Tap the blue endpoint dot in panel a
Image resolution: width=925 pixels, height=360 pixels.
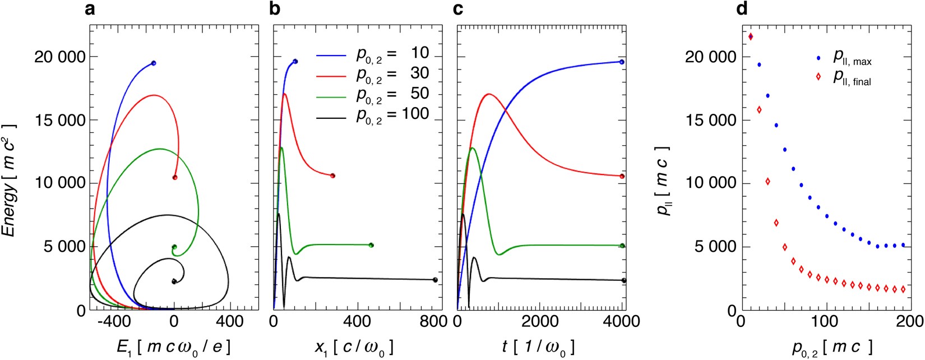[154, 63]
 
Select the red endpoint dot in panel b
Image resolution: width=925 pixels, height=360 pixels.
[332, 176]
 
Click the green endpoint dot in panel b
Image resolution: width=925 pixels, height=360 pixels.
[371, 245]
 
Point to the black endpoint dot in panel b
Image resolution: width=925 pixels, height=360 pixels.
[435, 280]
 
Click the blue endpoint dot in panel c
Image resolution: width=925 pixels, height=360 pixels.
[622, 62]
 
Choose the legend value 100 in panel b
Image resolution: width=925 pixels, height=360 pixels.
[415, 114]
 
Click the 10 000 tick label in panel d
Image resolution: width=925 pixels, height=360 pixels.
[711, 183]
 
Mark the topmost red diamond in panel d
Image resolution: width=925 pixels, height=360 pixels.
[751, 37]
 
